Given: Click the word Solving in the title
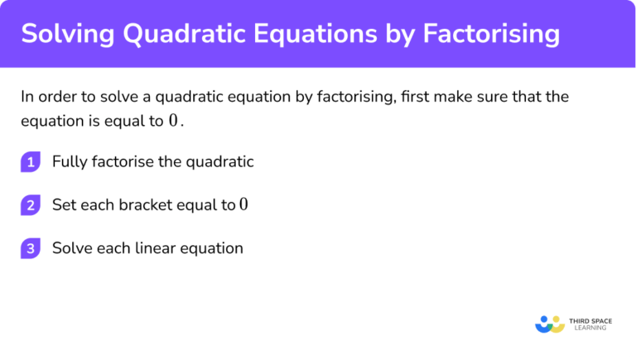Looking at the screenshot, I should click(x=65, y=34).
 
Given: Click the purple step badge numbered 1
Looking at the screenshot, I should click(x=31, y=162).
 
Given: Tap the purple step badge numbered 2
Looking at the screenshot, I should click(x=31, y=205).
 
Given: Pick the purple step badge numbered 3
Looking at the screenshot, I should click(x=31, y=248).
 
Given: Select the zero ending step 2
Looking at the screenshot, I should click(x=243, y=204).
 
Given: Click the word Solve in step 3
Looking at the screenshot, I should click(x=71, y=248).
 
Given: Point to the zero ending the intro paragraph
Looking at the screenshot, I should click(x=173, y=121).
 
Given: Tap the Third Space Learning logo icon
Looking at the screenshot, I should click(x=550, y=323).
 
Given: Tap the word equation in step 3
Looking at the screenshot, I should click(x=213, y=248).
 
